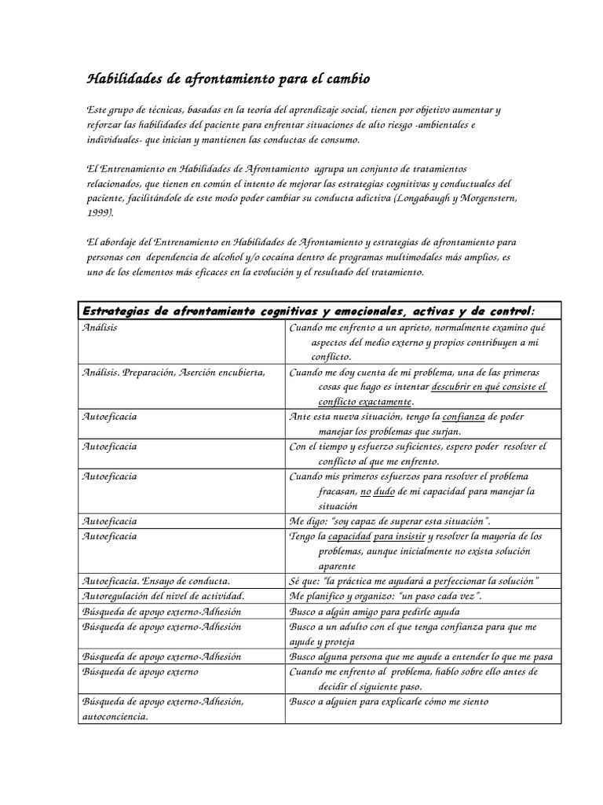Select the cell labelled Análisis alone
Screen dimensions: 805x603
[x=100, y=327]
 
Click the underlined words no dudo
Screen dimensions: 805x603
[x=375, y=491]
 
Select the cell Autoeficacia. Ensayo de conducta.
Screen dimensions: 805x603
[x=156, y=581]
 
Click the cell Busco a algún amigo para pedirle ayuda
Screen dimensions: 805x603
[x=375, y=611]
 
